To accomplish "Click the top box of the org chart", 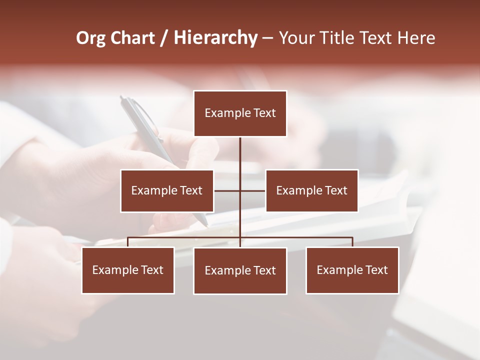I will pyautogui.click(x=240, y=113).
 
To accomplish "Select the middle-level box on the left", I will pyautogui.click(x=167, y=190).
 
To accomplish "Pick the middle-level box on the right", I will pyautogui.click(x=311, y=190).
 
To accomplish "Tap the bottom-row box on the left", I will pyautogui.click(x=128, y=270).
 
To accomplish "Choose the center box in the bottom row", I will pyautogui.click(x=240, y=270).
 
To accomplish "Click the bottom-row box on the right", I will pyautogui.click(x=352, y=270).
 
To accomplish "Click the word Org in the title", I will pyautogui.click(x=90, y=38).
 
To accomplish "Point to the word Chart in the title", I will pyautogui.click(x=133, y=38).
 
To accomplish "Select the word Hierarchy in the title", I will pyautogui.click(x=215, y=38).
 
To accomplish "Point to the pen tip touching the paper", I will pyautogui.click(x=205, y=224).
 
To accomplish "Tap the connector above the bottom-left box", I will pyautogui.click(x=128, y=242).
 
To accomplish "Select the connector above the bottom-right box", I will pyautogui.click(x=352, y=242).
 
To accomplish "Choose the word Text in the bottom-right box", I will pyautogui.click(x=376, y=270).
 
